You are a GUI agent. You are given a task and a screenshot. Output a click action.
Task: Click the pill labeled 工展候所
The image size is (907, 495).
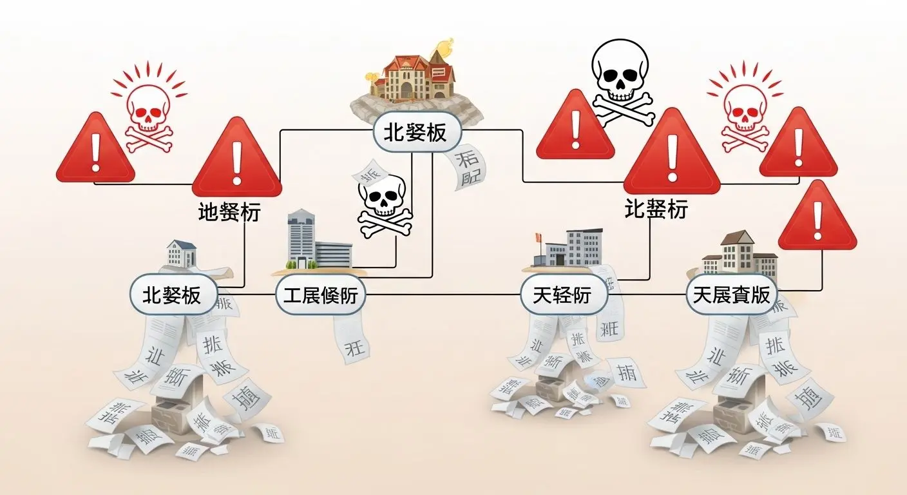click(320, 296)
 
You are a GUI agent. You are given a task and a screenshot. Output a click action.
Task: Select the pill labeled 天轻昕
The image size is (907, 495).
click(562, 296)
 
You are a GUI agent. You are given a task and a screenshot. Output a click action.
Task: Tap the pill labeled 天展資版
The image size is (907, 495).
click(730, 296)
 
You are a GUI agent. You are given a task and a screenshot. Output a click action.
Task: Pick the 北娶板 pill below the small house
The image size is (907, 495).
click(171, 296)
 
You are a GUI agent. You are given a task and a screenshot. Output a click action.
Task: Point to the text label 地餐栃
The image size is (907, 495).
click(229, 212)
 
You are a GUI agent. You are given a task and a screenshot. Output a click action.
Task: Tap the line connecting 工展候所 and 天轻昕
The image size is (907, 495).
click(444, 296)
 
